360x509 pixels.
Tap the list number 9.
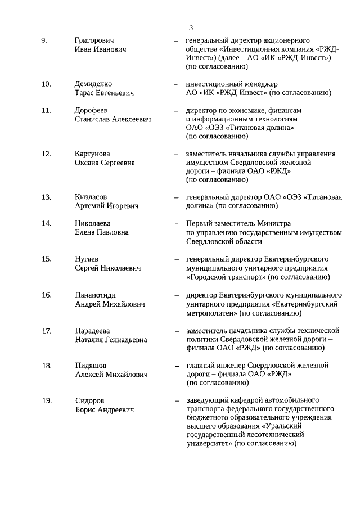coord(44,40)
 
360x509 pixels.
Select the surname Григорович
coord(94,40)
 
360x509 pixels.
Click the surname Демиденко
coord(93,84)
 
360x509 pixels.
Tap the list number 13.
coord(46,197)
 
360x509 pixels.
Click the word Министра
coord(273,224)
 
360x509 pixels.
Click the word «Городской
coord(206,277)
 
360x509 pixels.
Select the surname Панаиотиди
coord(97,295)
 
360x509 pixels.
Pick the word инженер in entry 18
coord(231,366)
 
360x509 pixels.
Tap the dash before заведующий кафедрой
coord(177,400)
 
